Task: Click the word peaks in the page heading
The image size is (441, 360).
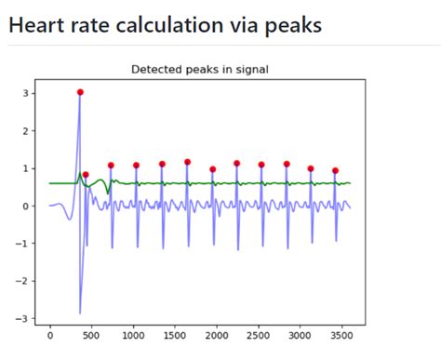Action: point(291,26)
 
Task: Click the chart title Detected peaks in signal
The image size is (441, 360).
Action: point(200,70)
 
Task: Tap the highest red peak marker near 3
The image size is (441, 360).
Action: point(80,92)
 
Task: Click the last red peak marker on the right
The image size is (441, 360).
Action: point(335,171)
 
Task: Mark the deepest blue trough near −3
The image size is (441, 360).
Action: point(79,313)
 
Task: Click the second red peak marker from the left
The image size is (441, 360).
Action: point(86,175)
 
